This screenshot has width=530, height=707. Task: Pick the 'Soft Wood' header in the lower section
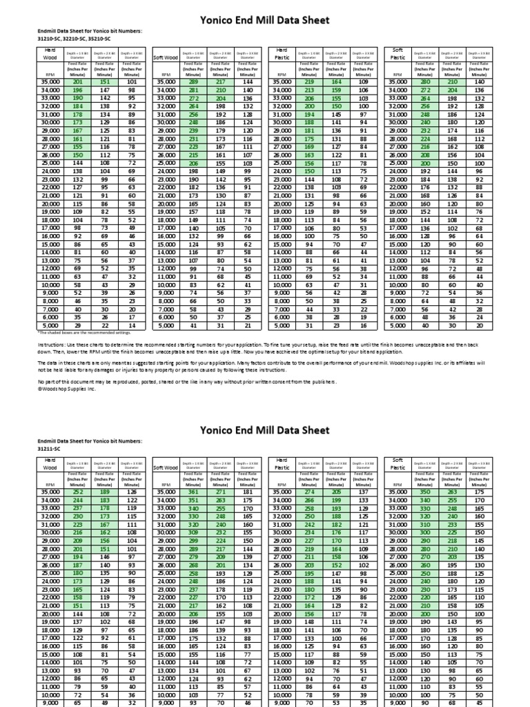pyautogui.click(x=166, y=467)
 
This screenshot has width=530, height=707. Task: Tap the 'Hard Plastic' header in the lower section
pyautogui.click(x=282, y=464)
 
